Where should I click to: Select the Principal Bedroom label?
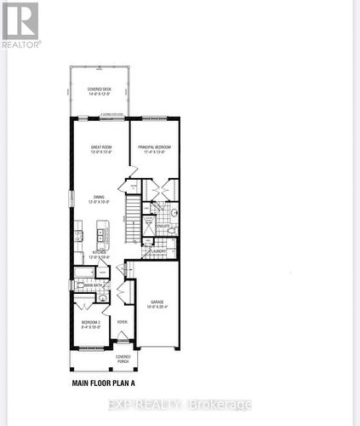click(154, 149)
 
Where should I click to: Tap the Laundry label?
click(158, 251)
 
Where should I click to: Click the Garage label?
click(157, 303)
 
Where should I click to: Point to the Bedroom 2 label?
click(90, 324)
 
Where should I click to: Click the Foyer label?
click(123, 322)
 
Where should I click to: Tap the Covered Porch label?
click(123, 359)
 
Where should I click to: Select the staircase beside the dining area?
click(131, 217)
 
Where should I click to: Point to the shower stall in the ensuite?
click(147, 224)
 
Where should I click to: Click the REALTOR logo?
click(20, 24)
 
